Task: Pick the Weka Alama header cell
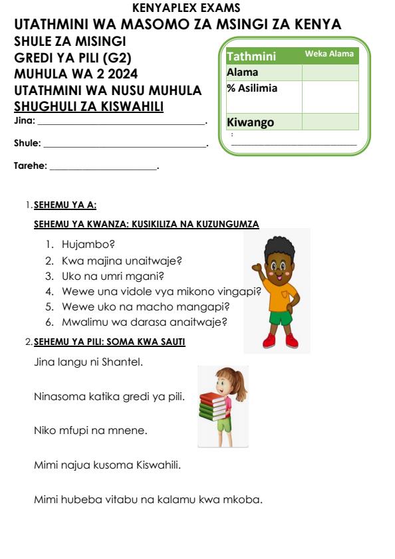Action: pos(329,54)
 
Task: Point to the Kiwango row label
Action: pos(250,122)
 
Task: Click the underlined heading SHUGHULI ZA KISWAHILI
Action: pos(89,107)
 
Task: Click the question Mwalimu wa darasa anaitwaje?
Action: pos(144,322)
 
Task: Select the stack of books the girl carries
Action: pos(214,407)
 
